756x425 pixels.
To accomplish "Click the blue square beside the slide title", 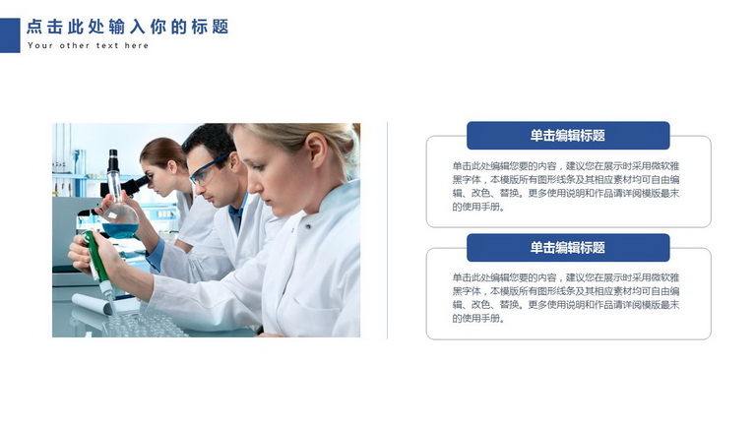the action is pos(10,35).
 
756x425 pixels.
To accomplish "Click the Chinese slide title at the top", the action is pos(128,27).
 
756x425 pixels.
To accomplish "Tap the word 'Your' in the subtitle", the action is pos(39,46).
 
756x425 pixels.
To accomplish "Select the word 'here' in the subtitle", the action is pos(137,46).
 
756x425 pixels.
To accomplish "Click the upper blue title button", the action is pos(568,136).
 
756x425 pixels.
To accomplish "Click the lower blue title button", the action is pos(568,248).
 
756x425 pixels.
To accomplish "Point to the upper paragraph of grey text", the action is pos(566,187).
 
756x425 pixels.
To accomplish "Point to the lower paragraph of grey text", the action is pos(566,298).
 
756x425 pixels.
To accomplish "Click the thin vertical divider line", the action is pos(387,230).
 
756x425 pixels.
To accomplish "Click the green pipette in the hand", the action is pos(97,263).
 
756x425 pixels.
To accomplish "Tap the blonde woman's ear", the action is pos(318,150).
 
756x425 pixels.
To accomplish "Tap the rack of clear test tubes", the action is pos(145,324).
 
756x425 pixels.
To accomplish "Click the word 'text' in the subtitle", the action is pos(107,46).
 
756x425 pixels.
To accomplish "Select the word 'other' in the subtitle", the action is pos(75,46).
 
